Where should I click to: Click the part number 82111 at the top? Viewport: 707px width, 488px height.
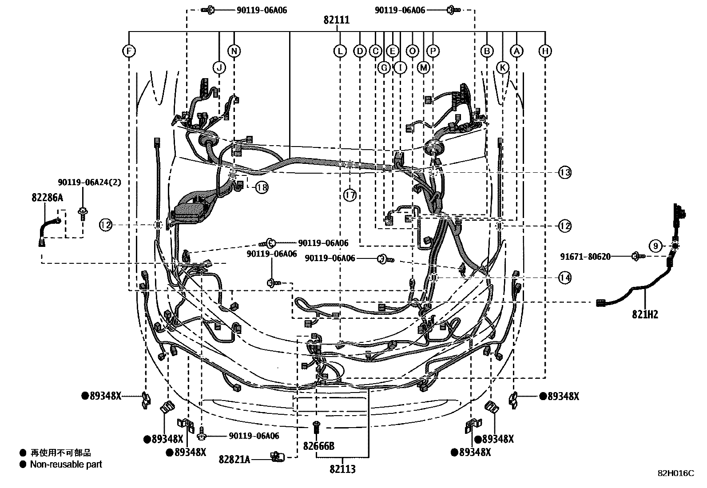336,20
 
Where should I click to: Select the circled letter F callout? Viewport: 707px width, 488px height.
129,51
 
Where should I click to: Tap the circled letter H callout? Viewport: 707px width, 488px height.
545,51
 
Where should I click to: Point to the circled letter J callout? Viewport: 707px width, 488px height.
219,67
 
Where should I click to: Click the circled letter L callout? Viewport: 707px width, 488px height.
340,51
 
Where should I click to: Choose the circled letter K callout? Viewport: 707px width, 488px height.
502,67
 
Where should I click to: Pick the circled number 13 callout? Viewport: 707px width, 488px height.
564,172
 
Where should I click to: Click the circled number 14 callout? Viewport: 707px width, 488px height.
564,278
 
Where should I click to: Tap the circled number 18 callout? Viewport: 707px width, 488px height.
262,187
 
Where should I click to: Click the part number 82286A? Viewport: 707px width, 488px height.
47,198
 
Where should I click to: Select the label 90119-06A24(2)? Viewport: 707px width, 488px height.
89,183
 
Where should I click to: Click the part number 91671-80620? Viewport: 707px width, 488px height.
585,256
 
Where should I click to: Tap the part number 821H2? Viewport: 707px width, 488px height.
645,314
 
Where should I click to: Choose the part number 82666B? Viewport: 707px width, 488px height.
318,445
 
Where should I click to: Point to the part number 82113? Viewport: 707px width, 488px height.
342,469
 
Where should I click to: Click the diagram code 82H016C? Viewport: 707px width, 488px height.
675,473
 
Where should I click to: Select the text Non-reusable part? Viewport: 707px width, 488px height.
66,464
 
